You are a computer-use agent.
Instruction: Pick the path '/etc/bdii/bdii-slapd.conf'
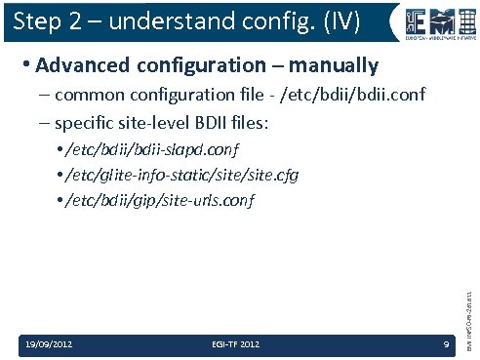[x=153, y=150]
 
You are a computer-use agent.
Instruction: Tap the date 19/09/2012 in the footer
[x=48, y=344]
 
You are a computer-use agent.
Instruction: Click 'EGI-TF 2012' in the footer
[x=235, y=344]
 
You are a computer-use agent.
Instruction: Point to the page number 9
[x=445, y=344]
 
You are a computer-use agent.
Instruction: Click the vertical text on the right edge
[x=469, y=294]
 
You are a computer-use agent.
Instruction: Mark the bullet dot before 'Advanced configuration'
[x=24, y=67]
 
